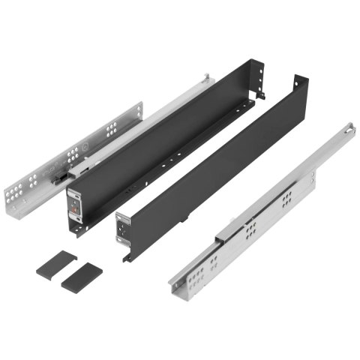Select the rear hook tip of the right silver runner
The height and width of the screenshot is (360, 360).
pos(348,129)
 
